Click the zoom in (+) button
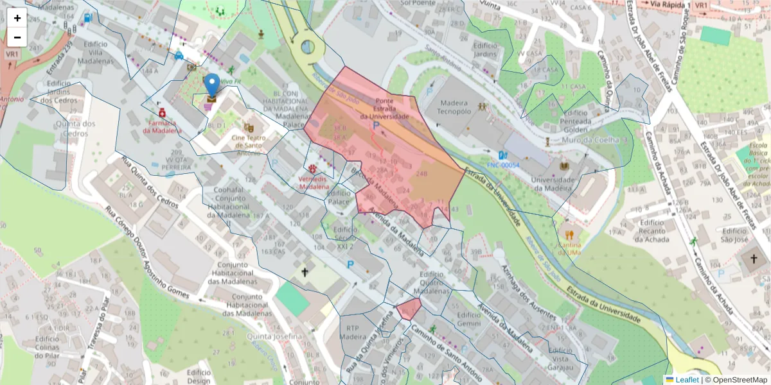tap(17, 18)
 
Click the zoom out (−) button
tap(17, 37)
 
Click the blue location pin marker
tap(211, 86)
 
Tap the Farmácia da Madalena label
tap(162, 126)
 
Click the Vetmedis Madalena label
tap(314, 182)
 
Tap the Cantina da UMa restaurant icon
tap(569, 234)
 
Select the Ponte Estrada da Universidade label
tap(384, 109)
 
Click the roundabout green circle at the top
tap(308, 47)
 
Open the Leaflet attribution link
tap(686, 380)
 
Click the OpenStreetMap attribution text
tap(735, 380)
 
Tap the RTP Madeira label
tap(353, 331)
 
